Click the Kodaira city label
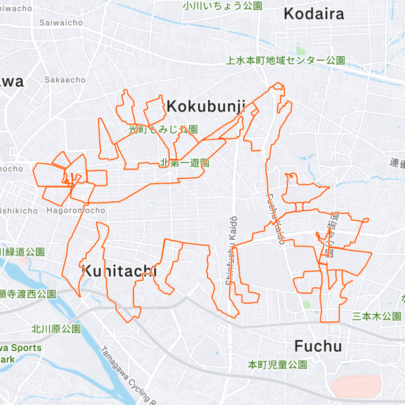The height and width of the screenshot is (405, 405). point(314,13)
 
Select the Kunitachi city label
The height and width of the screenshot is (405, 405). point(119,271)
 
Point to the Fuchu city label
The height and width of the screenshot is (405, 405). point(318,346)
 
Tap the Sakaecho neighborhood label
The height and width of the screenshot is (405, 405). point(65,80)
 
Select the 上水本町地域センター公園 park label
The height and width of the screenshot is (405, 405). point(286,61)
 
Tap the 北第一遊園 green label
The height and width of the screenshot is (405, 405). point(185,163)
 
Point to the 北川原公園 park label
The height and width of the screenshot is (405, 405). point(56,328)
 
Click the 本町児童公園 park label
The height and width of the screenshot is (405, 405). point(277,364)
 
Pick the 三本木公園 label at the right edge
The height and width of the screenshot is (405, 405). point(378,316)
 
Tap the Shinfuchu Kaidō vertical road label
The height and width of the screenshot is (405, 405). point(232,249)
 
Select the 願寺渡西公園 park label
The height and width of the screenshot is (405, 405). point(29,294)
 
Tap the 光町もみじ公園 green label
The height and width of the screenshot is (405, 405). point(163,129)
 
